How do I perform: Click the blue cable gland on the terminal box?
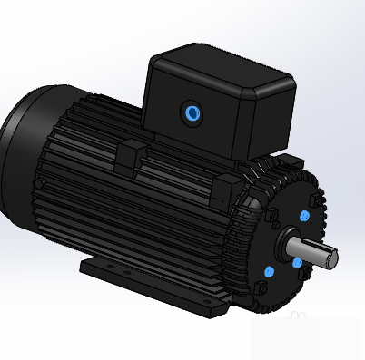pos(192,112)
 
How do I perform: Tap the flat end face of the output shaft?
pos(331,258)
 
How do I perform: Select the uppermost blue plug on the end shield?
pos(303,217)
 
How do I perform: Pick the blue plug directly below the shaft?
pos(297,263)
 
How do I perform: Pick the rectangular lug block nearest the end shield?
pos(226,188)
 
